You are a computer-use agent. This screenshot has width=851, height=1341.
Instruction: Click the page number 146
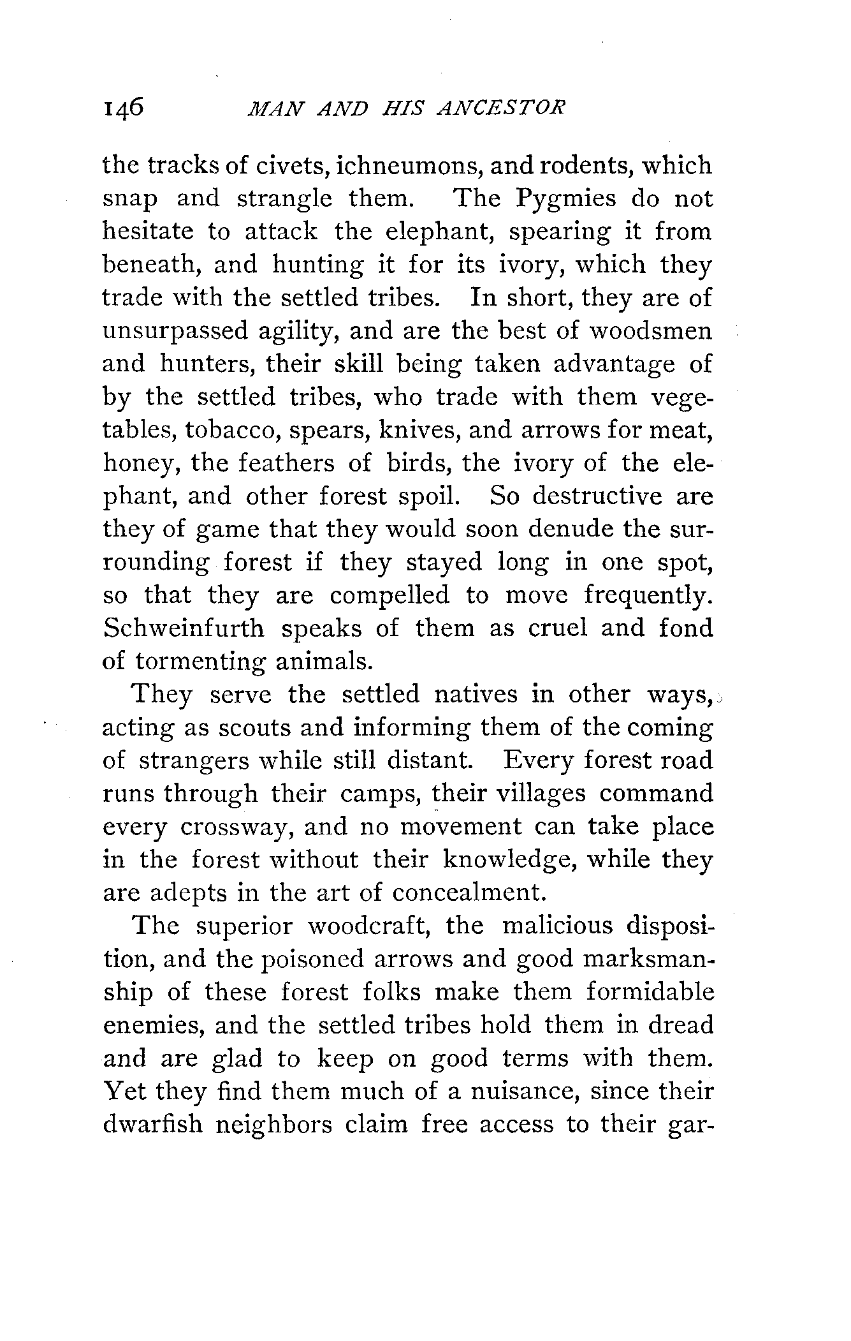click(124, 109)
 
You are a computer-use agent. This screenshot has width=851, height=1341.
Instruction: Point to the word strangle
click(285, 199)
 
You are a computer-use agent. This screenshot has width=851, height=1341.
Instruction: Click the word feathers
click(287, 463)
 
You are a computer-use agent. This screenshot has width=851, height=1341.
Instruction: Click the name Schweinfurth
click(184, 628)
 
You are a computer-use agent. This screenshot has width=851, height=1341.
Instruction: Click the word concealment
click(469, 893)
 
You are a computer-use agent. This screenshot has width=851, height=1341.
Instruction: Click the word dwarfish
click(153, 1124)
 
